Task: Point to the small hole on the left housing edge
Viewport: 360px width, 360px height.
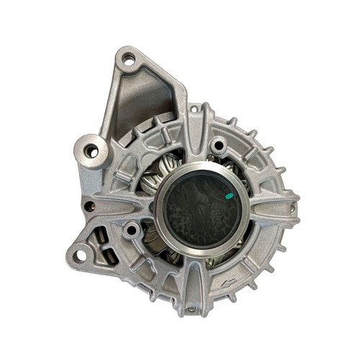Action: [89, 205]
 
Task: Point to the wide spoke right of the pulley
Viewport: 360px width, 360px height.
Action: [270, 209]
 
